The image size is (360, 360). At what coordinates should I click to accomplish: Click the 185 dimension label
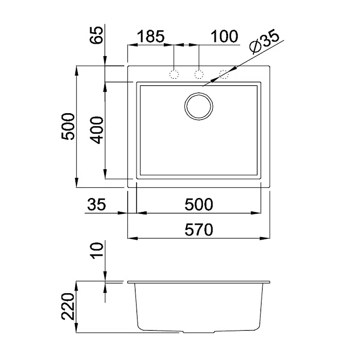pyautogui.click(x=151, y=36)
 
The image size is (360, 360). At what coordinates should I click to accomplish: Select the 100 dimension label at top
pyautogui.click(x=224, y=36)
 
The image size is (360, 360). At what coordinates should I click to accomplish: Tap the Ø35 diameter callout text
pyautogui.click(x=264, y=41)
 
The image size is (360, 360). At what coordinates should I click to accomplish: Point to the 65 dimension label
pyautogui.click(x=96, y=35)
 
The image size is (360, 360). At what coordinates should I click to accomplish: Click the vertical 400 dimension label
pyautogui.click(x=96, y=130)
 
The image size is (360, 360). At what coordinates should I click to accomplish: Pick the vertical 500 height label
pyautogui.click(x=68, y=126)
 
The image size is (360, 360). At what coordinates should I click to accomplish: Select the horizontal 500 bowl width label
pyautogui.click(x=199, y=204)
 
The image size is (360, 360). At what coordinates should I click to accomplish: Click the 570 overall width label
pyautogui.click(x=199, y=230)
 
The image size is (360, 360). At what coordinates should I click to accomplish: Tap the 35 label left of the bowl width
pyautogui.click(x=96, y=204)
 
